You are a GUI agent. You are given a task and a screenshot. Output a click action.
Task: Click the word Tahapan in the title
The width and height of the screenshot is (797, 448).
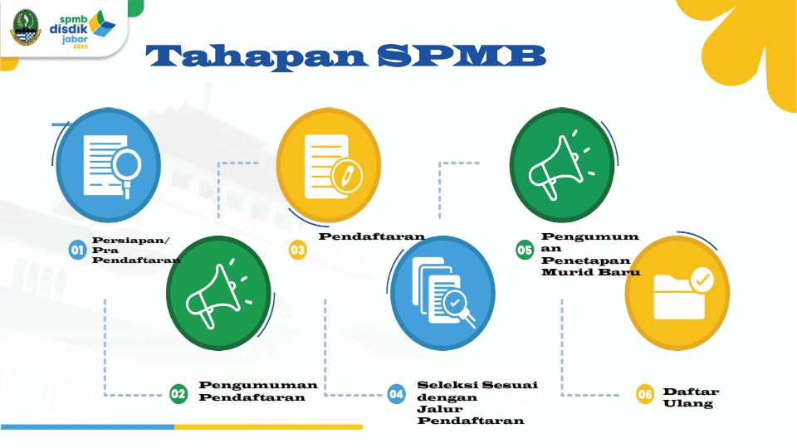coord(257,56)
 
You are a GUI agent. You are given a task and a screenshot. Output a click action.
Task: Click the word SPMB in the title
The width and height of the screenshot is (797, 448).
coord(462,56)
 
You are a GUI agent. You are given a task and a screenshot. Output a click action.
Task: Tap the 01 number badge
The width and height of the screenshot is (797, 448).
coord(77,250)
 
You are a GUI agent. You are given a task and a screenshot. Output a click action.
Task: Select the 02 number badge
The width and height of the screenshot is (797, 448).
coord(178,393)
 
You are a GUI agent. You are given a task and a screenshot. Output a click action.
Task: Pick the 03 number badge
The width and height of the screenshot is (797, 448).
coord(298,250)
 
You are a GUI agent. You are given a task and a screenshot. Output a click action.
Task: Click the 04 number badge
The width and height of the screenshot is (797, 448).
coord(397,394)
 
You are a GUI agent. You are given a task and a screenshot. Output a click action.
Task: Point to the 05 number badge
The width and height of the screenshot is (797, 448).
coord(525,250)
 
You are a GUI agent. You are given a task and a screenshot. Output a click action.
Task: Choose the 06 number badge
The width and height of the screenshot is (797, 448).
coord(645,394)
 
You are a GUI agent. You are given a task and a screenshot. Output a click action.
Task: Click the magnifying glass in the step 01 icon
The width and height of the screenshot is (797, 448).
coord(126,169)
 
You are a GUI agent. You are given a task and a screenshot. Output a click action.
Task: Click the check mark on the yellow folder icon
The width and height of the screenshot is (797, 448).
coord(702,280)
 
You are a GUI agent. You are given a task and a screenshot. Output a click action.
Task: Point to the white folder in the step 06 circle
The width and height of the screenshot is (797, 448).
coord(679,297)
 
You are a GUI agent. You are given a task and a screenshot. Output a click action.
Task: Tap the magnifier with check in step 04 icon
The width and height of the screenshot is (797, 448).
coord(457,307)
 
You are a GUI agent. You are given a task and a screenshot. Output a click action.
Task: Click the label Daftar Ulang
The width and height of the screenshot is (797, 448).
coord(691,397)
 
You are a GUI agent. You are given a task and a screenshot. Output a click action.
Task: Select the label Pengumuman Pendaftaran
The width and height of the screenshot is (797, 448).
coord(257,391)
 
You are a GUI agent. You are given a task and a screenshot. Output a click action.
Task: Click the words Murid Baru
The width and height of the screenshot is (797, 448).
coord(590,272)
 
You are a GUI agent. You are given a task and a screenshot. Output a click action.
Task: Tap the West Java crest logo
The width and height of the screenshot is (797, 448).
coord(26,27)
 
